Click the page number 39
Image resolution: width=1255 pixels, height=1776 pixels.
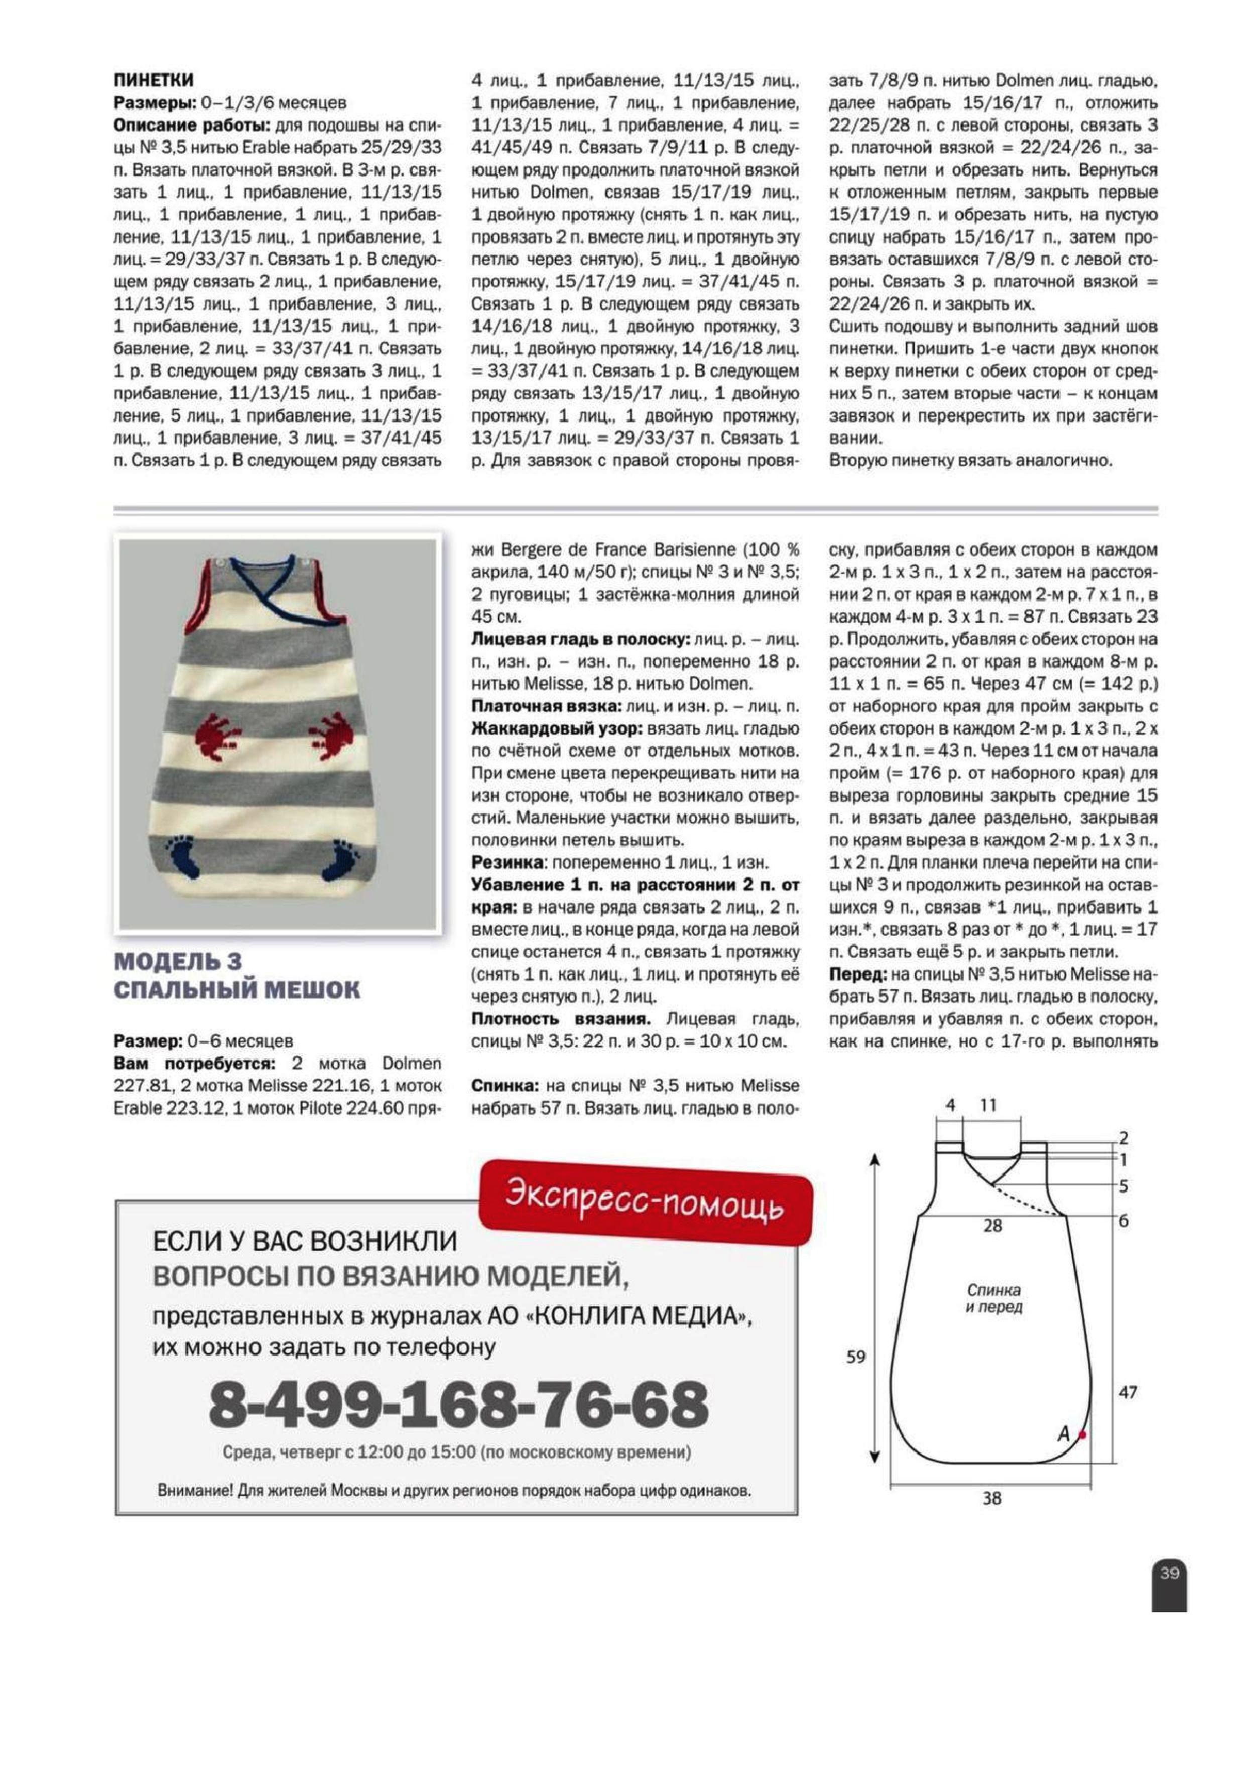[x=1168, y=1573]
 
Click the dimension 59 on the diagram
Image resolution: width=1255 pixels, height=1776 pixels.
[x=855, y=1357]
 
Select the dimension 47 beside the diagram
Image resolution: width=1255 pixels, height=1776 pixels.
[x=1127, y=1392]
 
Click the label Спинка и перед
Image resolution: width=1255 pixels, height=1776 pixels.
[x=993, y=1298]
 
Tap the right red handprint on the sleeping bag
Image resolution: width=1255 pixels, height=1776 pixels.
[x=333, y=731]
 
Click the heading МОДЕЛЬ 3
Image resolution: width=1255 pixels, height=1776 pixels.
[x=178, y=961]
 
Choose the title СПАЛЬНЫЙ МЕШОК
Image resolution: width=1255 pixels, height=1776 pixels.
[x=236, y=990]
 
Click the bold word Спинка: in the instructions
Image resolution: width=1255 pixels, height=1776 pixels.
[x=505, y=1086]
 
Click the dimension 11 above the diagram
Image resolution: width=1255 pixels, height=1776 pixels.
[x=988, y=1105]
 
